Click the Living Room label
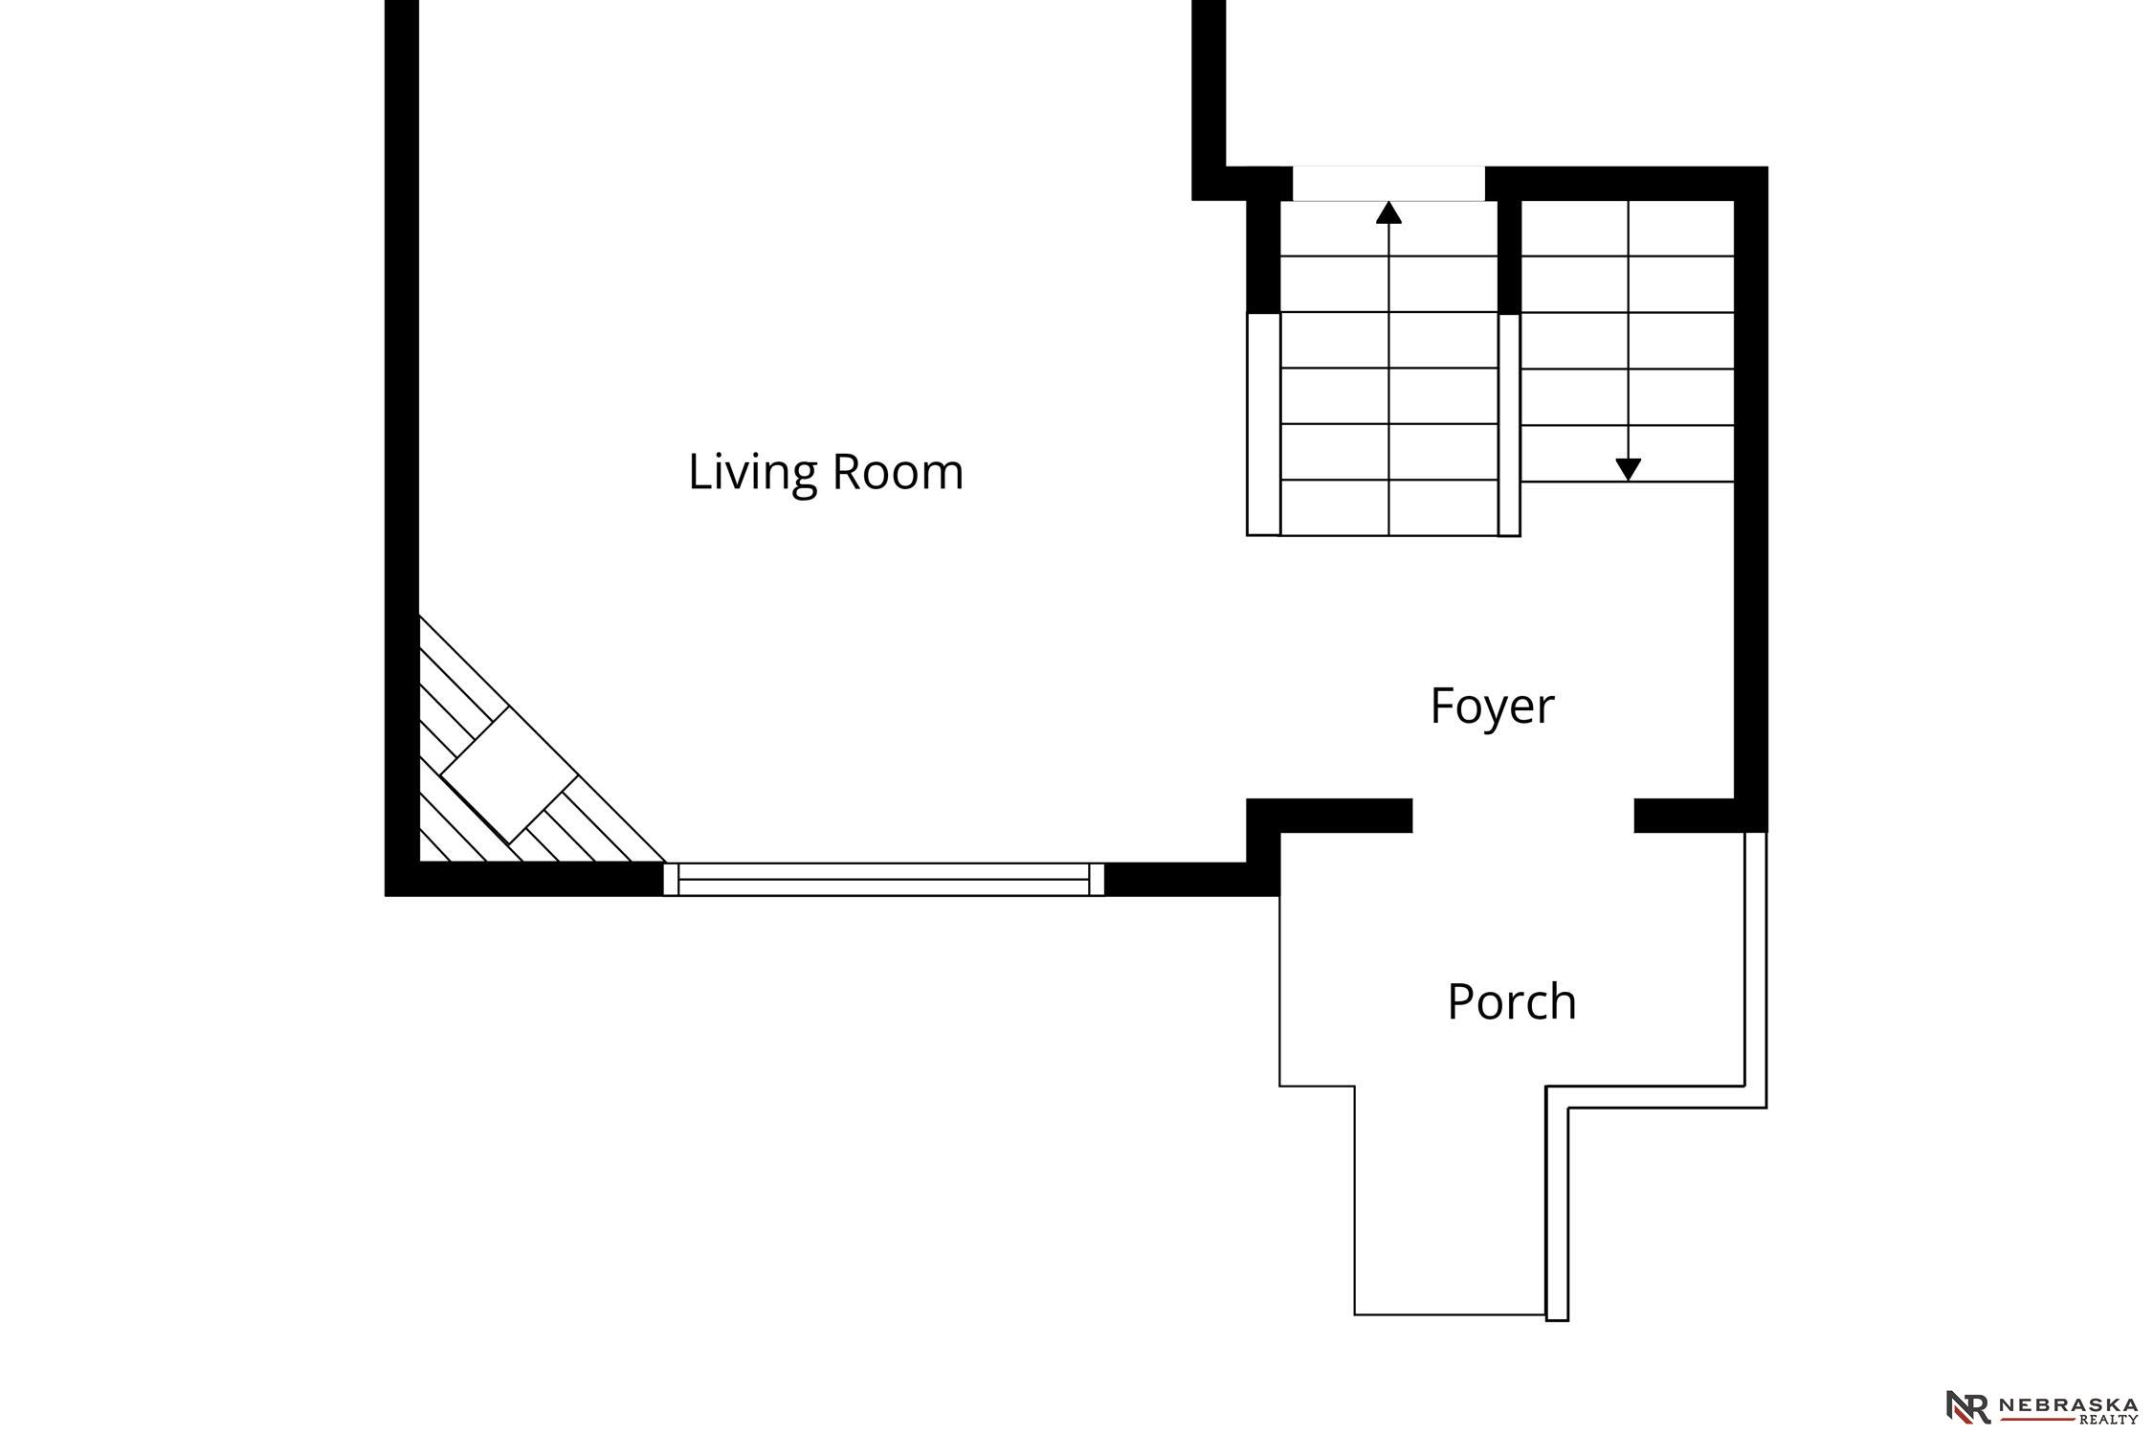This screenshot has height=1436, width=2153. coord(826,473)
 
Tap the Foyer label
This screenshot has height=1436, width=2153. coord(1492,707)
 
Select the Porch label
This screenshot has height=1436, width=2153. coord(1512,1001)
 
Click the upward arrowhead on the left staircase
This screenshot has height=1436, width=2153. coord(1388,213)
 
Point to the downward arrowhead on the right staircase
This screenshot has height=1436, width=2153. coord(1629,470)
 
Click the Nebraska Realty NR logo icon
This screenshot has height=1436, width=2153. coord(1968,1406)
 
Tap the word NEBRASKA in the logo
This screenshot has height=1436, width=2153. coord(2067,1404)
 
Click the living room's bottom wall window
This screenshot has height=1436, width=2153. coord(883,879)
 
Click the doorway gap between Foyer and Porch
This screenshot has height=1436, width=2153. coord(1523,816)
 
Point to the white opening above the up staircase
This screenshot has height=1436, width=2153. coord(1388,184)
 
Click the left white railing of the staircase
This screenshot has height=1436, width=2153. coord(1263,424)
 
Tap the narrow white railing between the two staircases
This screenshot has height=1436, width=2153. coord(1509,425)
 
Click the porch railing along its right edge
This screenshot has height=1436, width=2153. coord(1755,969)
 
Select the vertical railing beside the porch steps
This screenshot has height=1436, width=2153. coord(1557,1214)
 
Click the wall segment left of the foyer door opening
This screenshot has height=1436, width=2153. coord(1329,816)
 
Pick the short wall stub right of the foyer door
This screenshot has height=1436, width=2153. coord(1684,816)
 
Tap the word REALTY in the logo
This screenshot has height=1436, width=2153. coord(2109,1420)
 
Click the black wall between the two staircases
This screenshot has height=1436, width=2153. coord(1509,257)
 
